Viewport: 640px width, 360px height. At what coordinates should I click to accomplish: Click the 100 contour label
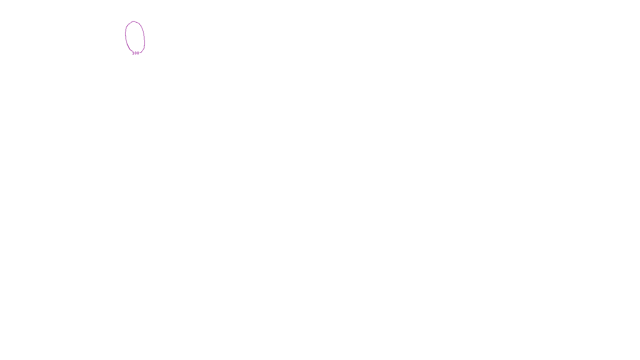(136, 53)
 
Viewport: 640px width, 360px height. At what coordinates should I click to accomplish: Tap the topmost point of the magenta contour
(134, 22)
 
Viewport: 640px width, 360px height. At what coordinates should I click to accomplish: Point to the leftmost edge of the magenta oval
(126, 36)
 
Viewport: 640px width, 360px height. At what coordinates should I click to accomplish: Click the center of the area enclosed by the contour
(135, 37)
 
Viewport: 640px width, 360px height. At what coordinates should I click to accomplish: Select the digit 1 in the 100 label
(133, 53)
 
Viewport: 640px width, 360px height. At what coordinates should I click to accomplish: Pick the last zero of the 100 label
(138, 53)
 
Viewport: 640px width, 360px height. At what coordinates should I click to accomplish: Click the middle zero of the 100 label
(136, 53)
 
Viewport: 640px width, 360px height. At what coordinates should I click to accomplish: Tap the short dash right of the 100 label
(141, 52)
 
